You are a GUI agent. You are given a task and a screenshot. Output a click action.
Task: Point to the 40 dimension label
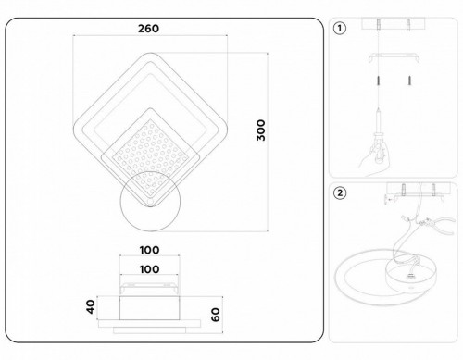coord(90,306)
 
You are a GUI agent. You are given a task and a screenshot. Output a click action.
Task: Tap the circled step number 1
coord(340,28)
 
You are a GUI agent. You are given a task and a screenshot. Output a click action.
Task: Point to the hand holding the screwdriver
coord(371,157)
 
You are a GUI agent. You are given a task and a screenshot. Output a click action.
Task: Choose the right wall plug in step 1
coord(405,81)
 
